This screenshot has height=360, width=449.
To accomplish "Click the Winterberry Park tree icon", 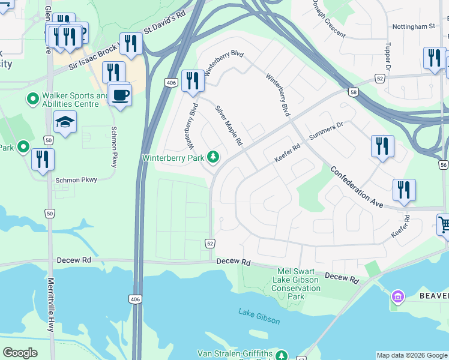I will click(212, 157).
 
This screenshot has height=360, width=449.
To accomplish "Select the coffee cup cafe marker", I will click(121, 95).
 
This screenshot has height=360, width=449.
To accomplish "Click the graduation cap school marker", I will click(65, 122).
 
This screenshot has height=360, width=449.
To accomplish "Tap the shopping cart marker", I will click(444, 226).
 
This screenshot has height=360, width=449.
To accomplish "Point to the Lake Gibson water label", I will click(259, 316).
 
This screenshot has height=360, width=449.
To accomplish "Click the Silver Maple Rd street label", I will click(229, 126).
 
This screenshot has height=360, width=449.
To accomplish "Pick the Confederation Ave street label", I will click(357, 187).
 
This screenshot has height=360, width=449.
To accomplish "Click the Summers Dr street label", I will click(325, 131).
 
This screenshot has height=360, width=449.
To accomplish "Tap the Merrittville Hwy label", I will click(51, 305).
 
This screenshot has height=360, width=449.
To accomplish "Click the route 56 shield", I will click(443, 165).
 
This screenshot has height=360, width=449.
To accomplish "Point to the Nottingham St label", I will click(413, 27).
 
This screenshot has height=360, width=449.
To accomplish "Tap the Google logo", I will click(20, 353).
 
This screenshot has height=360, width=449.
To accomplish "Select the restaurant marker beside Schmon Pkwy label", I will click(43, 159).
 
